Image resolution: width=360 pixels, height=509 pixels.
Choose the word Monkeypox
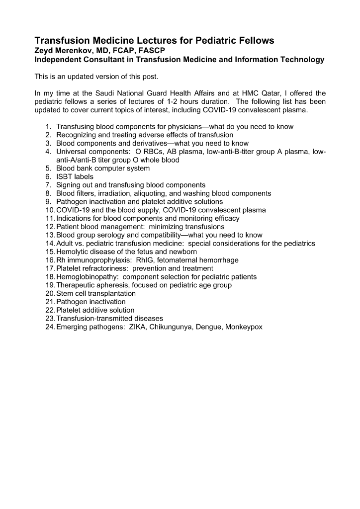pos(243,327)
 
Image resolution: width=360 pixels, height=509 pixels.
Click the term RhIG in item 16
pos(145,260)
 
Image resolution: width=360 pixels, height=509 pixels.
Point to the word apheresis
pos(113,285)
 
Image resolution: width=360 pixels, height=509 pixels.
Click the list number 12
pos(50,227)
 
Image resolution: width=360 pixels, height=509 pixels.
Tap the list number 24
pos(50,327)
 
